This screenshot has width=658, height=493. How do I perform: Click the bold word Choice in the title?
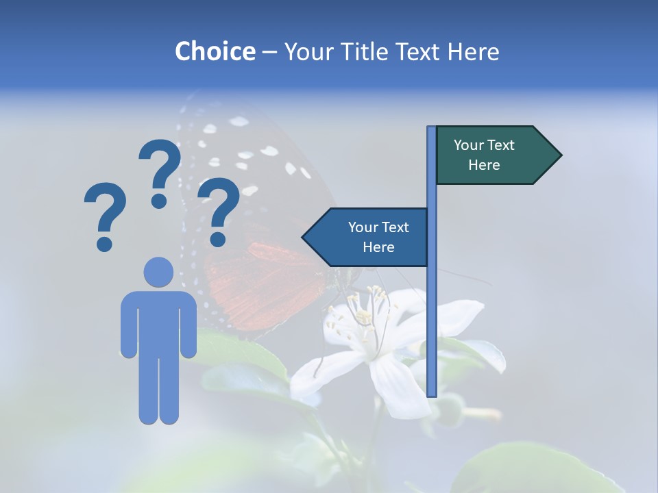[215, 51]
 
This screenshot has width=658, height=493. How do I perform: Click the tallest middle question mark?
[160, 171]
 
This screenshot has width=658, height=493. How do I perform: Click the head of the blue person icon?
[158, 272]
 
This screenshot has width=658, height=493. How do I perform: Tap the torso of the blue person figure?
[158, 322]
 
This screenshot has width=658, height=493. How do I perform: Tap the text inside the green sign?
[484, 155]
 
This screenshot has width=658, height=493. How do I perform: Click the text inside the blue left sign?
[378, 237]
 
